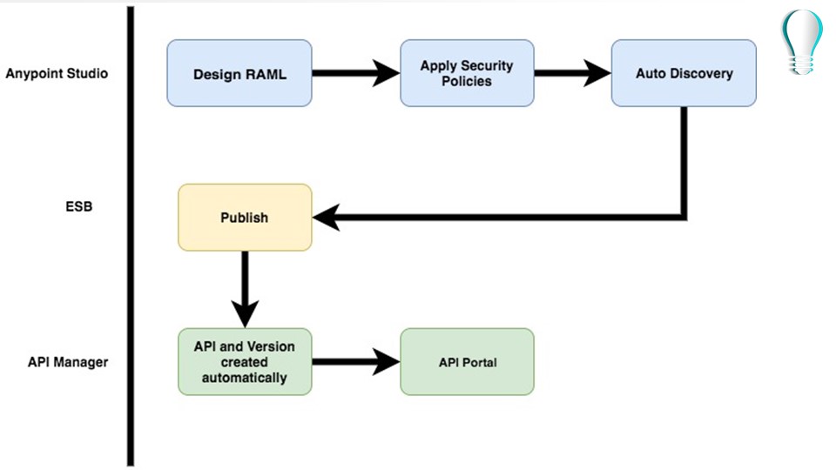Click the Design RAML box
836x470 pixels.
[239, 73]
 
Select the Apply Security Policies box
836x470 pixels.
[467, 73]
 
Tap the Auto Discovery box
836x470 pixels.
[684, 73]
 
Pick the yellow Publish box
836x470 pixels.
[245, 218]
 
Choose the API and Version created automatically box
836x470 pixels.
[245, 361]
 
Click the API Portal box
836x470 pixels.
[467, 361]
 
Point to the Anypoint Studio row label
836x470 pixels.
[57, 73]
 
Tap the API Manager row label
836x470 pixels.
[68, 361]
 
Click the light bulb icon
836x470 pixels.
[801, 41]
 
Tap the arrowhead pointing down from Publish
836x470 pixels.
[245, 313]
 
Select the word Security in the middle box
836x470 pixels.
[488, 66]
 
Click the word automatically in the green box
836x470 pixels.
[244, 378]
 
